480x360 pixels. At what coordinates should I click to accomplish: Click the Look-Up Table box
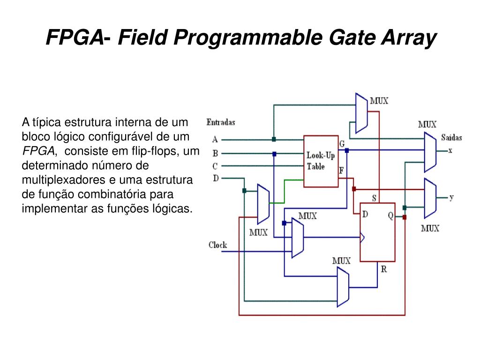[321, 161]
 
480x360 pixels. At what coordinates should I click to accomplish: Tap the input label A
[215, 139]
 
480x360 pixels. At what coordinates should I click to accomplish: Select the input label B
[215, 153]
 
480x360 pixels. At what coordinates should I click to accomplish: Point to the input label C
[215, 165]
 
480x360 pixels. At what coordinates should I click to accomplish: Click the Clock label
[217, 245]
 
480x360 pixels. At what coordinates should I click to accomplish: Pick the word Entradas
[221, 122]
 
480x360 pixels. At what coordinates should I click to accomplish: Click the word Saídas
[451, 137]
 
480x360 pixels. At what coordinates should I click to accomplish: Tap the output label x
[450, 150]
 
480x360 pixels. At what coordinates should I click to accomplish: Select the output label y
[451, 197]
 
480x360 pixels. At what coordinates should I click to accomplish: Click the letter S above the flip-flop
[374, 198]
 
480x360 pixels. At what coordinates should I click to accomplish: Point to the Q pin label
[390, 216]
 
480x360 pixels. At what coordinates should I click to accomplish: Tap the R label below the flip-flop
[383, 269]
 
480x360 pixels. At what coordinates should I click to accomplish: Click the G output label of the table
[342, 143]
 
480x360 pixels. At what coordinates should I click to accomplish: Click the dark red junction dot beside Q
[405, 217]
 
